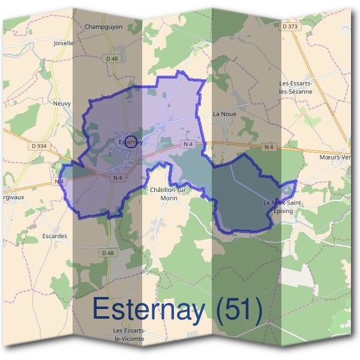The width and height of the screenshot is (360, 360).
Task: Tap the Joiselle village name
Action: [63, 43]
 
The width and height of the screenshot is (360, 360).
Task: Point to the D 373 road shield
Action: [290, 26]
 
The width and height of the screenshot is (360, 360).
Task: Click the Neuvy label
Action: [62, 103]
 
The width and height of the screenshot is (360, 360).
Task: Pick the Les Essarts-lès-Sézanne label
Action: [297, 87]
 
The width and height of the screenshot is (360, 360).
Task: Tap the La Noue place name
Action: [224, 113]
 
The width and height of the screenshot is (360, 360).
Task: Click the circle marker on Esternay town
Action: [133, 142]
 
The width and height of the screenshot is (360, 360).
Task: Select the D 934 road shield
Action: [38, 146]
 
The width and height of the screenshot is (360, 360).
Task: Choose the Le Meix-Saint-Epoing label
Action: [283, 207]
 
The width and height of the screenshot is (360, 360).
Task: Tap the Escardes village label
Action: [55, 236]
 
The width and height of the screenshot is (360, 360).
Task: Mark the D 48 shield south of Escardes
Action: [108, 253]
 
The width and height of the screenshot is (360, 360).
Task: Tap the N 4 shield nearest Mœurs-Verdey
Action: [268, 146]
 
